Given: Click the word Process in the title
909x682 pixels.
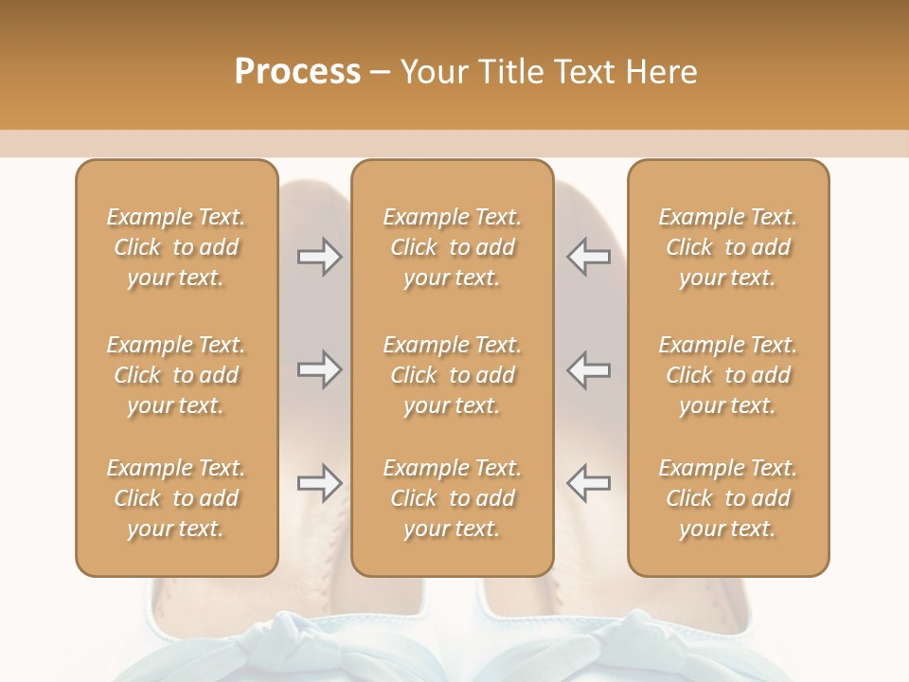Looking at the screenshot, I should click(x=297, y=72).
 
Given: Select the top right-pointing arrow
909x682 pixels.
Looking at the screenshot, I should click(x=319, y=257).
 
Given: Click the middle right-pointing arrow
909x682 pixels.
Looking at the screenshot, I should click(x=319, y=369).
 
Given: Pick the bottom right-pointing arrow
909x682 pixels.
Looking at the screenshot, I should click(x=319, y=483).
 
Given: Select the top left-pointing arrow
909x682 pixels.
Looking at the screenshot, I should click(x=588, y=257).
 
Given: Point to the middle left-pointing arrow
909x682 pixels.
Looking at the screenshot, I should click(x=588, y=369).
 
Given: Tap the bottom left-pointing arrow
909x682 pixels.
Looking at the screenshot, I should click(x=588, y=483).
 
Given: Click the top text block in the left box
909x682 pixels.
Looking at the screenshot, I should click(x=176, y=247).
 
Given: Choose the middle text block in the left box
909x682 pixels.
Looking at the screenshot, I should click(x=176, y=375).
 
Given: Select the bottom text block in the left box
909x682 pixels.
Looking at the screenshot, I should click(x=176, y=498).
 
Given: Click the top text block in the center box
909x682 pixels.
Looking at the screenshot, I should click(x=453, y=247).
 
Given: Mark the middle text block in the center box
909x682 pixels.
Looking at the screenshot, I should click(x=453, y=375).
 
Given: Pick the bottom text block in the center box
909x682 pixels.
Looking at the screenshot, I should click(x=453, y=498).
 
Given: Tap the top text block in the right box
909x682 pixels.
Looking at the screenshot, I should click(x=728, y=247).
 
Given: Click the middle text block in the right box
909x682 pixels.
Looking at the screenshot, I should click(x=728, y=375).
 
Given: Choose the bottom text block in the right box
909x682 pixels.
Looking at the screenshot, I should click(x=728, y=498).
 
